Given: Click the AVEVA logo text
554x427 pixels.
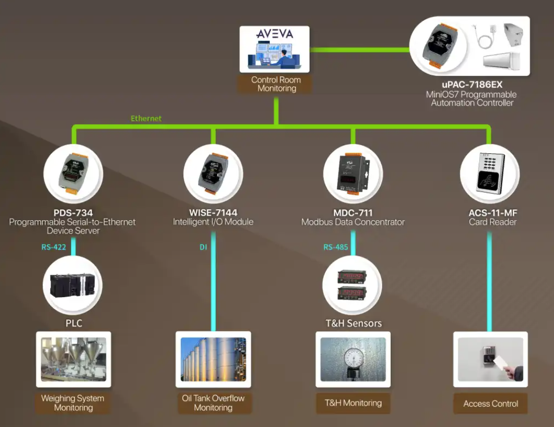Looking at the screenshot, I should pyautogui.click(x=274, y=34).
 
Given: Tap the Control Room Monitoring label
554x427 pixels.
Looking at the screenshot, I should pyautogui.click(x=275, y=84).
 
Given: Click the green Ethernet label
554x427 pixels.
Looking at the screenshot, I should pyautogui.click(x=146, y=118).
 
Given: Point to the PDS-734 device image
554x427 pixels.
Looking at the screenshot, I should pyautogui.click(x=73, y=174).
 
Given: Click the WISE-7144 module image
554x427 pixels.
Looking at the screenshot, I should pyautogui.click(x=213, y=174).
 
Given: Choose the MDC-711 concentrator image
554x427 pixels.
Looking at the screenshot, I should pyautogui.click(x=353, y=174).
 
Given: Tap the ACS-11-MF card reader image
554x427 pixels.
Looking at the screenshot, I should pyautogui.click(x=490, y=174).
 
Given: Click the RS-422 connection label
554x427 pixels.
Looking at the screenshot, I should pyautogui.click(x=54, y=247).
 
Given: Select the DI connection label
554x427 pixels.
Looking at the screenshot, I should pyautogui.click(x=203, y=247).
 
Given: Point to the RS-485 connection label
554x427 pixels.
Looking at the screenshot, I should pyautogui.click(x=336, y=247).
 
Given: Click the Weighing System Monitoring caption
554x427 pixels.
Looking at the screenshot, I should pyautogui.click(x=73, y=403).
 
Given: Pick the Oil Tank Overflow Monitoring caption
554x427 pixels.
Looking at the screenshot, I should pyautogui.click(x=213, y=403).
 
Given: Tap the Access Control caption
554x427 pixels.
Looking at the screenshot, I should pyautogui.click(x=491, y=404).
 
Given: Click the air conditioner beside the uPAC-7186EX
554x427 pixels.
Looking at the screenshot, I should pyautogui.click(x=501, y=60).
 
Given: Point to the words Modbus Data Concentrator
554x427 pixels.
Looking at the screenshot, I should pyautogui.click(x=353, y=222).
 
